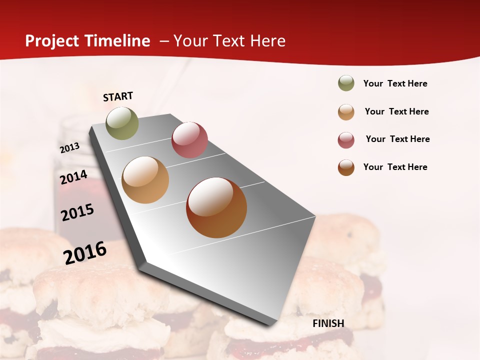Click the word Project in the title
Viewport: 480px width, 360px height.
[51, 41]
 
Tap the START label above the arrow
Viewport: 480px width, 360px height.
[118, 96]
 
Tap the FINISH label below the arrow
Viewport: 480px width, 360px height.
[328, 323]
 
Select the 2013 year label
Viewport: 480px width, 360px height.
[70, 147]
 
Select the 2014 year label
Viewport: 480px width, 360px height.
[73, 177]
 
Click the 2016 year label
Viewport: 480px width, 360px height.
[85, 252]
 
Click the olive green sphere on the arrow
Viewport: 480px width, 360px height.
[122, 123]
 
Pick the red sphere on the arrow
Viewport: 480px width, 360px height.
[189, 140]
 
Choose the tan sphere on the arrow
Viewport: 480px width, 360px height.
[145, 180]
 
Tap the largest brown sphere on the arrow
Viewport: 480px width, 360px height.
[216, 207]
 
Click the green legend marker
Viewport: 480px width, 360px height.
[346, 83]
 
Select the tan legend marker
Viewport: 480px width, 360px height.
[346, 111]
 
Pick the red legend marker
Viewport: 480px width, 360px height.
[346, 139]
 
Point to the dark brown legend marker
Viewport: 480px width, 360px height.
[346, 167]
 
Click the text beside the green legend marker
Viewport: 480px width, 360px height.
[395, 84]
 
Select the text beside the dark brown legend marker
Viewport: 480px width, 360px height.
[395, 167]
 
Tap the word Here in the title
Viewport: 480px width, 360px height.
[267, 41]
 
